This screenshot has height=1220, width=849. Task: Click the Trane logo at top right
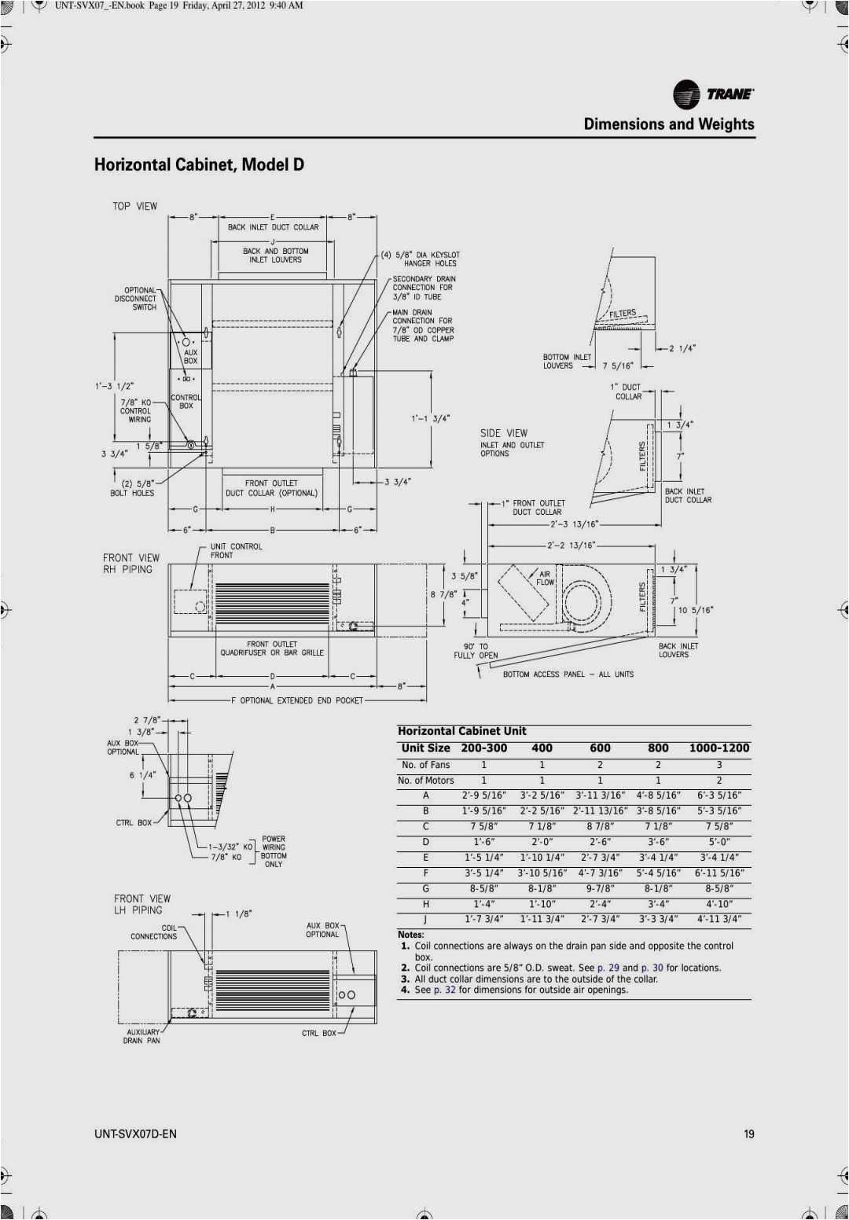pos(713,94)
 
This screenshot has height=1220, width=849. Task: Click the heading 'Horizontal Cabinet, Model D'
pos(199,164)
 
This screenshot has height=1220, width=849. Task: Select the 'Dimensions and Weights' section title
pos(668,124)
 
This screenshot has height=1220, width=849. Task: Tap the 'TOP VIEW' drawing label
pos(134,206)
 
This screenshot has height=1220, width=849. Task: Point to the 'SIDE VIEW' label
pos(504,433)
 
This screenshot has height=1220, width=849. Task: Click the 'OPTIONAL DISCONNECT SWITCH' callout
pos(136,299)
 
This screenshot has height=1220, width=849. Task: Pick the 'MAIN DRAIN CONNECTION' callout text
pos(423,325)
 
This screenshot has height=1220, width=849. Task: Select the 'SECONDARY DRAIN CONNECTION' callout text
pos(424,288)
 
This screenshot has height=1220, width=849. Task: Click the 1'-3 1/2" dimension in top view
pos(115,386)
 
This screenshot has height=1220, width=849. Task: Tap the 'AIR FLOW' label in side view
pos(545,578)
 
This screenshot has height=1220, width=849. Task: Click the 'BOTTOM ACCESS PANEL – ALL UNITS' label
pos(568,674)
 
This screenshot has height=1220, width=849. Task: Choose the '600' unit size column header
pos(600,748)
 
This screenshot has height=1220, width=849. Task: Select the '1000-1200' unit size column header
pos(719,748)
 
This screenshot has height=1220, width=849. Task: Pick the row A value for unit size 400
pos(542,796)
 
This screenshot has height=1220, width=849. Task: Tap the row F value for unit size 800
pos(658,873)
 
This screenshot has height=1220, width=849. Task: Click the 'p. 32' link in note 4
pos(444,990)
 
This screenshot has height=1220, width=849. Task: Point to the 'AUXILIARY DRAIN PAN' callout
pos(142,1036)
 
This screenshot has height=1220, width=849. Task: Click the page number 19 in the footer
pos(748,1134)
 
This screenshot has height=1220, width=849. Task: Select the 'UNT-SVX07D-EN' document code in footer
pos(135,1134)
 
